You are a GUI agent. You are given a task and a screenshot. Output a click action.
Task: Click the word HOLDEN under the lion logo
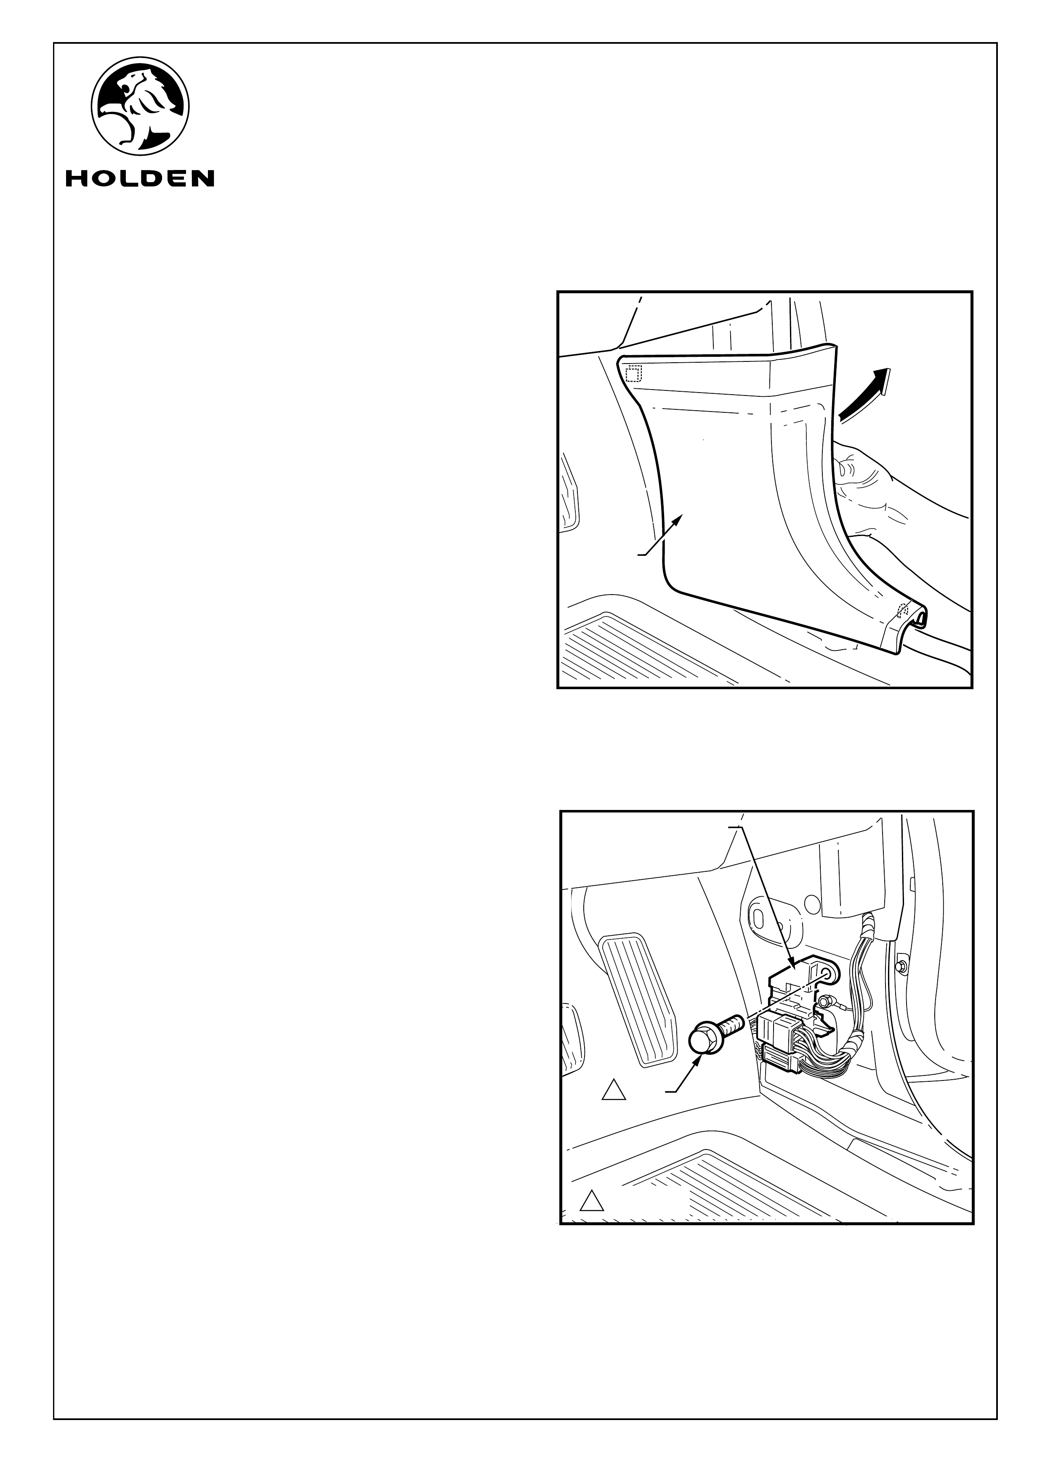pyautogui.click(x=140, y=178)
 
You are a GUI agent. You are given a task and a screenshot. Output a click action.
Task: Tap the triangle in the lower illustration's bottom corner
pyautogui.click(x=591, y=1201)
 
